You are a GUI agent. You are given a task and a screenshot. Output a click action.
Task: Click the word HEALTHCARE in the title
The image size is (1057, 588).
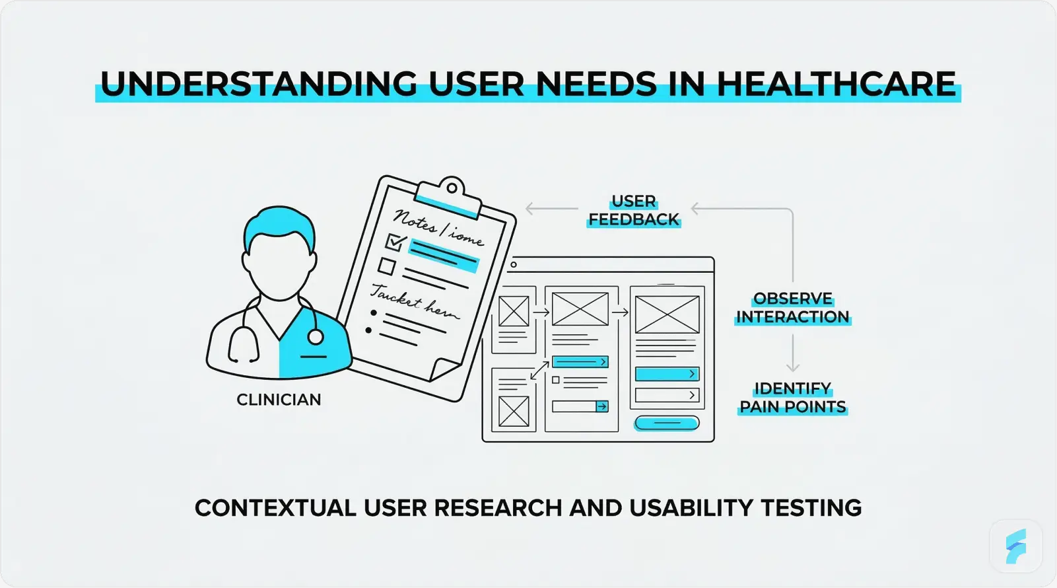point(836,85)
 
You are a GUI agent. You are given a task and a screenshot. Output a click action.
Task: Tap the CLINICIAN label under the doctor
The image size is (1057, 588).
point(279,400)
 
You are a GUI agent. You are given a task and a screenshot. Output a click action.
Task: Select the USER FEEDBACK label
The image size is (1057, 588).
point(634,210)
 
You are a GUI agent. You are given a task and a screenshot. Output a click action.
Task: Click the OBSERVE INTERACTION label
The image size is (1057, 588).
point(792,308)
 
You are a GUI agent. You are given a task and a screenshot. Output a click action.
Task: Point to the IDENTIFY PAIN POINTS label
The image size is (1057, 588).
point(792,398)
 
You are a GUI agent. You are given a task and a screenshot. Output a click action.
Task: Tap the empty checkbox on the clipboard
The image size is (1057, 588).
point(387,266)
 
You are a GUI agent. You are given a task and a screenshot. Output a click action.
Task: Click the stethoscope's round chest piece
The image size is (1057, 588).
point(316,338)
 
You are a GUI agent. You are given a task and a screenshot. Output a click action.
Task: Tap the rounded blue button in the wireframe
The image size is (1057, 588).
point(666,423)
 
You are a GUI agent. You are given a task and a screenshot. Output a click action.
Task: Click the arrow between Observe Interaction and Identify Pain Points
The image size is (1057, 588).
point(793,353)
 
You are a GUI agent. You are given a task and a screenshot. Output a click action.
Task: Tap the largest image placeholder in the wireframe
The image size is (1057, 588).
point(667,314)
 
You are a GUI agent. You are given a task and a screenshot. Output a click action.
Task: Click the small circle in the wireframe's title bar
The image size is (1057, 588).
point(514,265)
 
